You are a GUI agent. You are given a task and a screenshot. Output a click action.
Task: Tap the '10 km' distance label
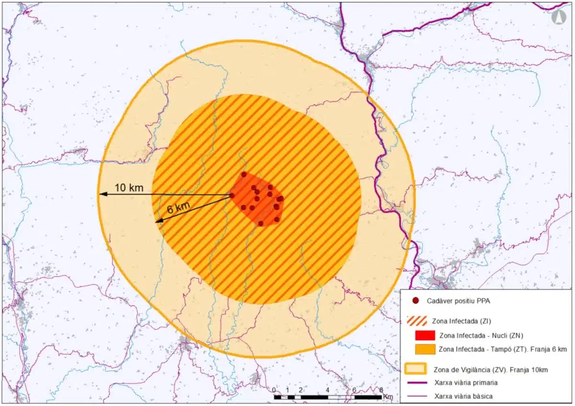[x=129, y=187]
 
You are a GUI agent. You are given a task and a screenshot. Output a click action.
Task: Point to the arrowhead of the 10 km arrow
[x=102, y=194]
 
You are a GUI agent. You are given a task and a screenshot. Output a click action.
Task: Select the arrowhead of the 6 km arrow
[x=157, y=221]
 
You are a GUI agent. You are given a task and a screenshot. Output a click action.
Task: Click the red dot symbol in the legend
[x=415, y=301]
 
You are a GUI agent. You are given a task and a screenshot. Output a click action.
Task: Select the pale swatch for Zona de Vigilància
[x=415, y=369]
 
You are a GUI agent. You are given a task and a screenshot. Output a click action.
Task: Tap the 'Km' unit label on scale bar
[x=388, y=397]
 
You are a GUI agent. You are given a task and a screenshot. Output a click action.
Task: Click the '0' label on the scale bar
[x=274, y=390]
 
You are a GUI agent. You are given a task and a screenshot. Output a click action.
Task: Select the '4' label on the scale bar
[x=327, y=390]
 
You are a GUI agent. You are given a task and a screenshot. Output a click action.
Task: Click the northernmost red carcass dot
[x=243, y=174]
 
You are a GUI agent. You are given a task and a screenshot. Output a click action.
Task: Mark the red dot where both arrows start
[x=232, y=195]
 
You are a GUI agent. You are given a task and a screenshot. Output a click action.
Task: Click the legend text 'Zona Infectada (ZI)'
[x=461, y=320]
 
